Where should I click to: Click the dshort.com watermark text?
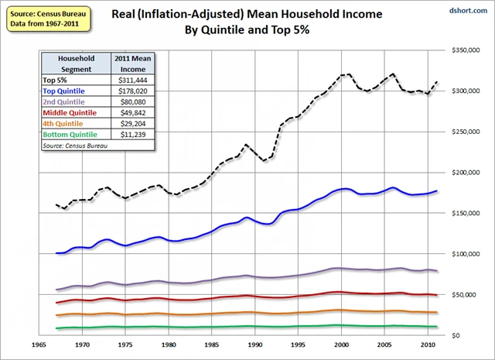click(x=472, y=11)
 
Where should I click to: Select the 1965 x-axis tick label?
click(x=36, y=345)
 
